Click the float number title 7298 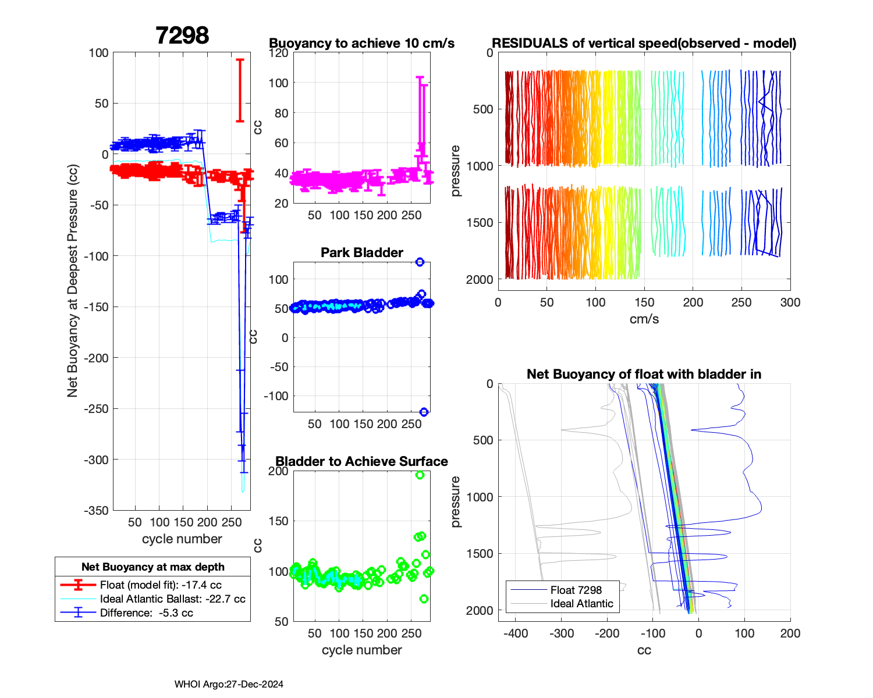(x=182, y=35)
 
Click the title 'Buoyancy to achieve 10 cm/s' (x=361, y=43)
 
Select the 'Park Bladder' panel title (x=361, y=252)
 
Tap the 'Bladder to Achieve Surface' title (x=361, y=461)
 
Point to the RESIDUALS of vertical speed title (x=644, y=43)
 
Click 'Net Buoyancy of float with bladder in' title (x=644, y=374)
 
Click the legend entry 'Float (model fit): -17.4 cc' (x=161, y=585)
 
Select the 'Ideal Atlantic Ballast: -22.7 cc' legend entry (x=172, y=599)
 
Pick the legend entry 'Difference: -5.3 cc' (x=146, y=613)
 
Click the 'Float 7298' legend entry (x=576, y=590)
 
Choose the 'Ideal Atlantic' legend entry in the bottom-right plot (x=581, y=604)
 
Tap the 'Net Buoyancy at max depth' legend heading (x=152, y=567)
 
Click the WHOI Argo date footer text (x=229, y=684)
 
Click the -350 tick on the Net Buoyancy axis (x=97, y=510)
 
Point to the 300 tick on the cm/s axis (x=790, y=302)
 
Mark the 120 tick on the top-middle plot (x=278, y=53)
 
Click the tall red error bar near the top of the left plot (x=239, y=90)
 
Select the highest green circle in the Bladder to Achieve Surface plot (x=420, y=475)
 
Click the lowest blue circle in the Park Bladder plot (x=424, y=412)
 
